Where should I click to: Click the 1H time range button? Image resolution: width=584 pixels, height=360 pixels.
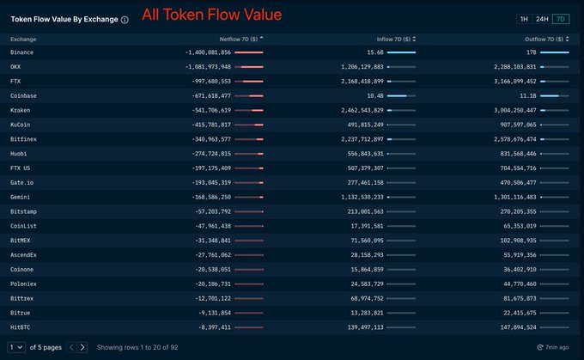tap(524, 18)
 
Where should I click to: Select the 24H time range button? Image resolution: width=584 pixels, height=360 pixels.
tap(542, 18)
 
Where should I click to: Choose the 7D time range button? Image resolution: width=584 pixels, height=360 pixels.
tap(561, 18)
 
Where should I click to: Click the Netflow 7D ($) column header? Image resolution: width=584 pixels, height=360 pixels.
tap(240, 39)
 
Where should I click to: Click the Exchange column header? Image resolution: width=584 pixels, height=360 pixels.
tap(23, 39)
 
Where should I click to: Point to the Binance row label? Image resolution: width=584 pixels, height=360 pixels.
tap(22, 52)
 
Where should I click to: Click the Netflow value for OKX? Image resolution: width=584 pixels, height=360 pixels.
tap(208, 66)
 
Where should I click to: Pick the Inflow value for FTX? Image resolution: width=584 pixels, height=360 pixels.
tap(355, 81)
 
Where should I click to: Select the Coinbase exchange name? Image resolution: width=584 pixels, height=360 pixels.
tap(24, 95)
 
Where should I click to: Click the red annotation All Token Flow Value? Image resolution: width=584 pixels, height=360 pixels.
tap(211, 15)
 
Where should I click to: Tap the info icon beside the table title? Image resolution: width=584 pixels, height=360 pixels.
tap(125, 19)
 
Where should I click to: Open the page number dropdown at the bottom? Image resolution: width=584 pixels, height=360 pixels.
tap(15, 347)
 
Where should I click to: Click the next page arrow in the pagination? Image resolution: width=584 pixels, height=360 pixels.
tap(82, 347)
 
